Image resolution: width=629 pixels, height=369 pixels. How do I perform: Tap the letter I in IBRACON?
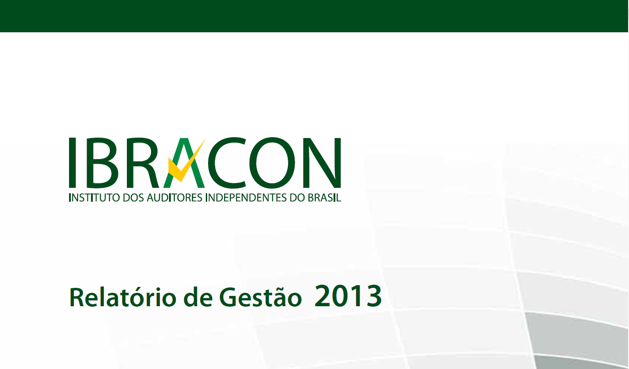73,163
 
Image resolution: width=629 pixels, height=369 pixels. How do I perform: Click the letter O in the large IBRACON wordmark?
275,163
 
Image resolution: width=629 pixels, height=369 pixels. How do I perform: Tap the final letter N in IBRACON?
322,163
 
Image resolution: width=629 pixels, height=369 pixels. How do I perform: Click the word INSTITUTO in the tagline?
94,198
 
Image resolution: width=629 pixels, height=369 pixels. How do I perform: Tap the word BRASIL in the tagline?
324,198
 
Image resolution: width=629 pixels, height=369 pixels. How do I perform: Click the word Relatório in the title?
123,297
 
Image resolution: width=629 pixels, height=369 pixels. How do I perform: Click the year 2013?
348,296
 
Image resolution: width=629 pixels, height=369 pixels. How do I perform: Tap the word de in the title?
198,297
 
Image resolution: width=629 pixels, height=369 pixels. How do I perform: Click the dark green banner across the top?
314,16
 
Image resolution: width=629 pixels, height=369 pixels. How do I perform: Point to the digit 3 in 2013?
374,296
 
